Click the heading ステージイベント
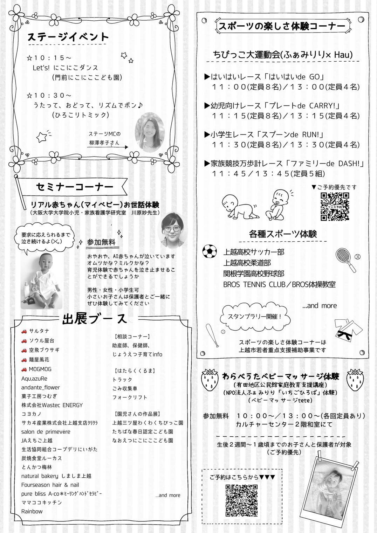coord(68,37)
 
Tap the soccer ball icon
coord(210,251)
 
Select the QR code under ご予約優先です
coord(335,207)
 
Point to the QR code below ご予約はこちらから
coord(241,500)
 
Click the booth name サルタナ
coord(39,331)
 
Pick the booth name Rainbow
coord(32,511)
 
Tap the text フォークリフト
coord(130,397)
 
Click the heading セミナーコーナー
coord(75,187)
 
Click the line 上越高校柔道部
coord(247,263)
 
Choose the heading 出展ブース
coord(95,319)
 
